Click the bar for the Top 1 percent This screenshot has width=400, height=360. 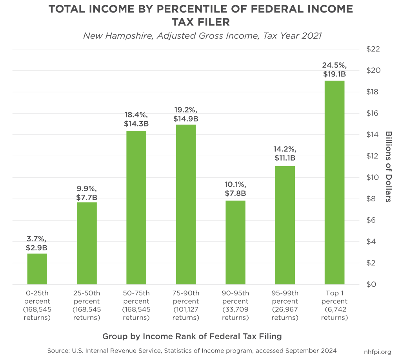(335, 183)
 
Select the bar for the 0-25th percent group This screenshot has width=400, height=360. (37, 269)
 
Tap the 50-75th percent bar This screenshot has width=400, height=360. (136, 208)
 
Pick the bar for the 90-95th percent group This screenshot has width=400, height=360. (235, 242)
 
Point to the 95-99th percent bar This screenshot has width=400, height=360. (285, 225)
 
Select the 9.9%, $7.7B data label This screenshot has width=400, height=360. (87, 193)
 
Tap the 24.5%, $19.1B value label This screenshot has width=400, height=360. (335, 70)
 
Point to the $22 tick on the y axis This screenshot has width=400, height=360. (373, 49)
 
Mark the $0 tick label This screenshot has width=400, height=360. (371, 284)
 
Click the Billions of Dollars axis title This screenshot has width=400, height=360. (388, 166)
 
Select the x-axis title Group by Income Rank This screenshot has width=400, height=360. (192, 336)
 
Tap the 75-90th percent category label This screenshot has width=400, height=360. (186, 305)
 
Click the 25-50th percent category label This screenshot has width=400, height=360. (87, 305)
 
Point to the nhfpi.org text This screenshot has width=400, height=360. (378, 352)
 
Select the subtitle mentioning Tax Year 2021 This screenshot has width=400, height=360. (202, 36)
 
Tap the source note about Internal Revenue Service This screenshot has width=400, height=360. (192, 351)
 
